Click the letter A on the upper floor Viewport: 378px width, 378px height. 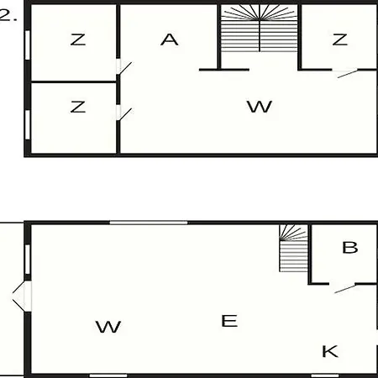(170, 39)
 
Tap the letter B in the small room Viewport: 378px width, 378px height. (350, 248)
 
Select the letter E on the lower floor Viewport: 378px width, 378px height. (229, 321)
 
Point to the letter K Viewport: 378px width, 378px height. (330, 351)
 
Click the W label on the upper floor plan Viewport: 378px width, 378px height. (260, 107)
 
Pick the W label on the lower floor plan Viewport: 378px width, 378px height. (108, 327)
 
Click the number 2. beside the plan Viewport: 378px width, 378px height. (8, 15)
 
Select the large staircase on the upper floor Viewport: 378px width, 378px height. (260, 28)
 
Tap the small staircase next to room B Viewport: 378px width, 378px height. (293, 248)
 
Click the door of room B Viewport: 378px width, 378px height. (345, 289)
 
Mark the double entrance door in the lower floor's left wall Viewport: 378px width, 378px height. (22, 297)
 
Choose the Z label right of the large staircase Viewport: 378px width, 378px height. (339, 39)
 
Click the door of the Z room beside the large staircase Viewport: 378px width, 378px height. (348, 74)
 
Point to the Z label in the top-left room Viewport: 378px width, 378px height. (78, 39)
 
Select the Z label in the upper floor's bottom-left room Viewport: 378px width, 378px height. (78, 107)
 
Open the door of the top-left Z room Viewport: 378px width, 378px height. (124, 68)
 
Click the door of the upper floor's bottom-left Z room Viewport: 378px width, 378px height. (124, 114)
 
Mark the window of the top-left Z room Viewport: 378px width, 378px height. (28, 45)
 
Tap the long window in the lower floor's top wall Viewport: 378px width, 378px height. (149, 223)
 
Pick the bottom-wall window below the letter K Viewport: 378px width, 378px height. (325, 375)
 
